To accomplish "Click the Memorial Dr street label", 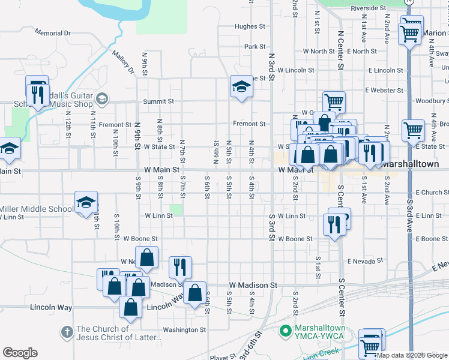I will tap(53, 32).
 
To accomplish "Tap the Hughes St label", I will tap(250, 26).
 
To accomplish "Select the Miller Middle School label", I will tap(37, 209).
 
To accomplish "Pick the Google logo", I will tap(20, 353).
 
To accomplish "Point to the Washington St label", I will tap(184, 330).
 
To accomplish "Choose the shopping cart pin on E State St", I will tap(414, 130).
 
